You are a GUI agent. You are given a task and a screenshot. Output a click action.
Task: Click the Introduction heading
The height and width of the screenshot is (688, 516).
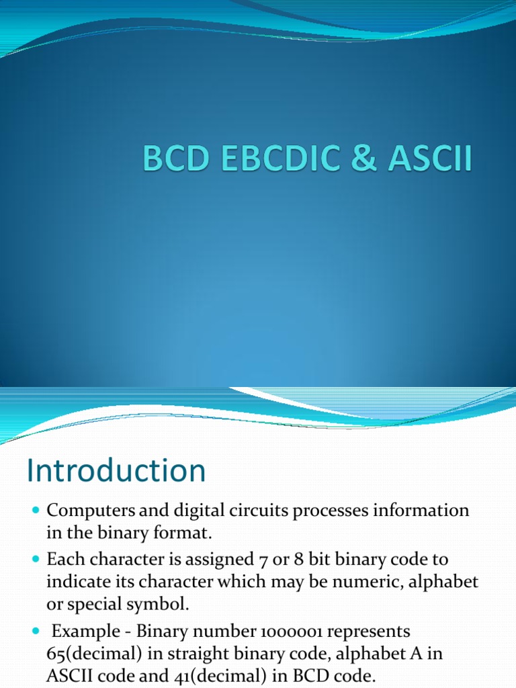pos(116,471)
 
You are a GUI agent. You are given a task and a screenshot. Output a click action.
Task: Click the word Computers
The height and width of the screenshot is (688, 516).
pos(84,511)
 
